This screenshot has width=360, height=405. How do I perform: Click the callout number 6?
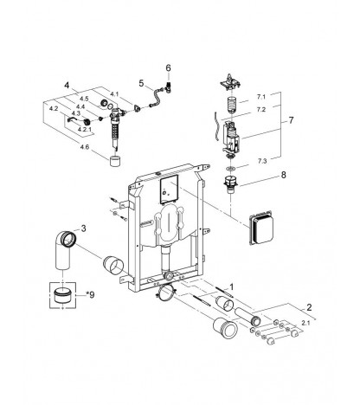tap(168, 68)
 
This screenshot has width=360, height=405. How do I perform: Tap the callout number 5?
tap(141, 83)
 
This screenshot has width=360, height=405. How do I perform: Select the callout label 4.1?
tap(114, 94)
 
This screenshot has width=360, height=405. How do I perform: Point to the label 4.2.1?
tap(84, 130)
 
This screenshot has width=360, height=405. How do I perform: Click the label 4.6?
tap(85, 147)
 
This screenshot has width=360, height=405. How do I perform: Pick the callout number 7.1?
tap(260, 97)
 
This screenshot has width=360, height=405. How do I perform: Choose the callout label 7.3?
tap(262, 161)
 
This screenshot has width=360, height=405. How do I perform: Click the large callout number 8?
tap(284, 175)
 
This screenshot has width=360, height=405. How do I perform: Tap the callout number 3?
tap(83, 228)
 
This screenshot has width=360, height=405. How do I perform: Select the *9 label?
tap(90, 295)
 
